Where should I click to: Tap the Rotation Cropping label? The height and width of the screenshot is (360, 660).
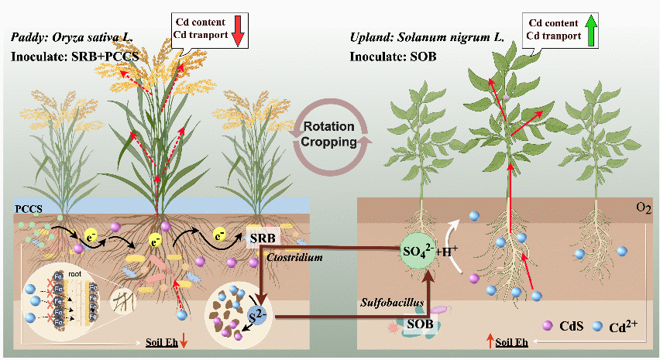(x=328, y=134)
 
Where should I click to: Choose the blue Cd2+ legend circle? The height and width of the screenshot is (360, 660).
(x=596, y=326)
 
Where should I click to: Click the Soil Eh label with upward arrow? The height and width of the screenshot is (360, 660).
(x=514, y=341)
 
